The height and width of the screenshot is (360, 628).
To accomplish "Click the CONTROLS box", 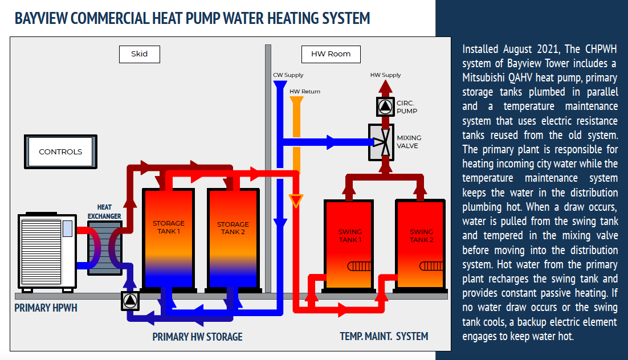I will click(x=60, y=152).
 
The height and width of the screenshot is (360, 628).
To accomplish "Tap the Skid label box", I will click(x=139, y=54).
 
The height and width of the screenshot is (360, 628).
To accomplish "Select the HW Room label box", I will click(x=331, y=54).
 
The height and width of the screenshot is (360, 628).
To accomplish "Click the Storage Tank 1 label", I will click(x=168, y=227).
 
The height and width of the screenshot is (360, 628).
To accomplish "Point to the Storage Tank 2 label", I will click(x=233, y=228).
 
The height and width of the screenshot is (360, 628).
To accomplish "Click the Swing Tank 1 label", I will click(x=350, y=235).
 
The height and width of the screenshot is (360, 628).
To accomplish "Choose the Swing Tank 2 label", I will click(x=421, y=235).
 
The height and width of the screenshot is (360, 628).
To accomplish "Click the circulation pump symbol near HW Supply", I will click(x=386, y=106).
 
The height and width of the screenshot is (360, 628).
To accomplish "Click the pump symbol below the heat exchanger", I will click(x=130, y=301).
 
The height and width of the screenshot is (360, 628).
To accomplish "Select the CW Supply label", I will click(x=288, y=75).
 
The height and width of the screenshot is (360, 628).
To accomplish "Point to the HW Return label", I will click(x=305, y=91).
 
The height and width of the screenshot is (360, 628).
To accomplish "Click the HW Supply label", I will click(x=386, y=75).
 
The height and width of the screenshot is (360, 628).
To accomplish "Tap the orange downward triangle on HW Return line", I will click(x=296, y=201).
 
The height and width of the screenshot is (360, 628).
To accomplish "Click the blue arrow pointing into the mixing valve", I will click(x=331, y=141).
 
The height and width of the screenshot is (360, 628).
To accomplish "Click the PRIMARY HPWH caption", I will click(x=46, y=308).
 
